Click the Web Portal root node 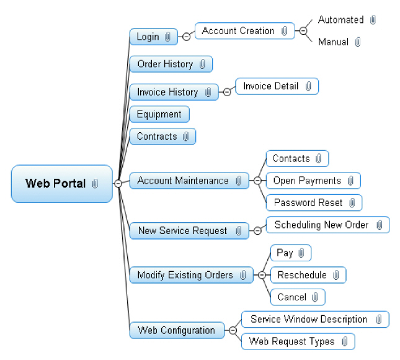tap(62, 184)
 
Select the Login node tap(154, 37)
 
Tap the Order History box tap(171, 64)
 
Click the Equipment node tap(160, 114)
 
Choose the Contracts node tap(162, 137)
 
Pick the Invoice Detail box tap(277, 86)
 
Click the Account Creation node tap(245, 31)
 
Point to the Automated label tap(341, 20)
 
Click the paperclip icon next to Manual tap(358, 42)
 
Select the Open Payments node tap(313, 181)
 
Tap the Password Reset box tap(314, 203)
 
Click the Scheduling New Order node tap(328, 225)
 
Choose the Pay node tap(291, 253)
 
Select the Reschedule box tap(308, 275)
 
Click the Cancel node tap(298, 297)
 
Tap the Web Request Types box tap(298, 341)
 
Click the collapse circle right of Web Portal tap(118, 183)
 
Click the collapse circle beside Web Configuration tap(233, 330)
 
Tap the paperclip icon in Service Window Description tap(379, 319)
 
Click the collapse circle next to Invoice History tap(227, 92)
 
